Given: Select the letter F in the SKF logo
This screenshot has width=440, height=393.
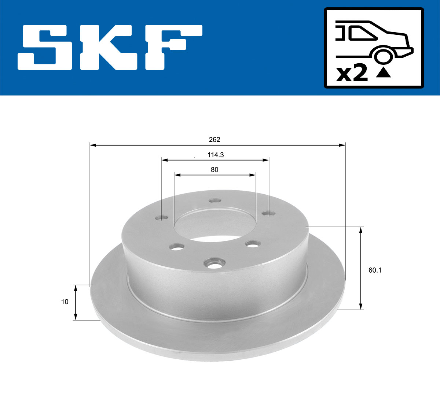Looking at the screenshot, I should pos(172,48).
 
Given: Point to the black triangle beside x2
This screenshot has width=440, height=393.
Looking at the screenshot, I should pos(384,73).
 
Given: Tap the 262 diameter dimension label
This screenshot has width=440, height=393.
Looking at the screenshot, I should pos(214,139).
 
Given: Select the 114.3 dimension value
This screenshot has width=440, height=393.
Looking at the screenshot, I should pos(216,155).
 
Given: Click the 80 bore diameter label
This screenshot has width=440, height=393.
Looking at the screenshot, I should pos(214,169).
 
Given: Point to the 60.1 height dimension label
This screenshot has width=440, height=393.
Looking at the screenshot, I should pos(375,270).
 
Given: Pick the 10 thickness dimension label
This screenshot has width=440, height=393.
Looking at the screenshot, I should pos(65,302).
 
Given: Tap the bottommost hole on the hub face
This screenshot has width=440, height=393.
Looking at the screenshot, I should pos(214,263).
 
